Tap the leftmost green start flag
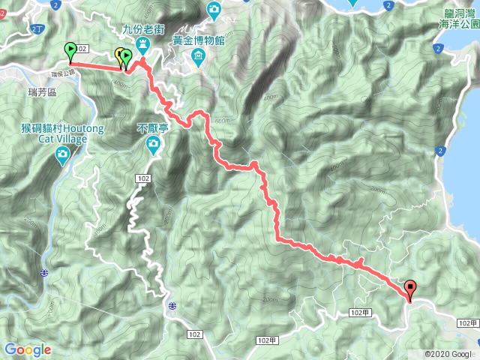[70, 51]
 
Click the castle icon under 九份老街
[142, 46]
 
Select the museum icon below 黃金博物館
[197, 57]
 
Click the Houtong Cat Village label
[63, 128]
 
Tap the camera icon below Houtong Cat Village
[63, 154]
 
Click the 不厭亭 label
[153, 128]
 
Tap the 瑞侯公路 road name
[63, 73]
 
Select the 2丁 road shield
[37, 28]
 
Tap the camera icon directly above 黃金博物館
[214, 9]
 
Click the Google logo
[28, 349]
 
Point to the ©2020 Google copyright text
[448, 354]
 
